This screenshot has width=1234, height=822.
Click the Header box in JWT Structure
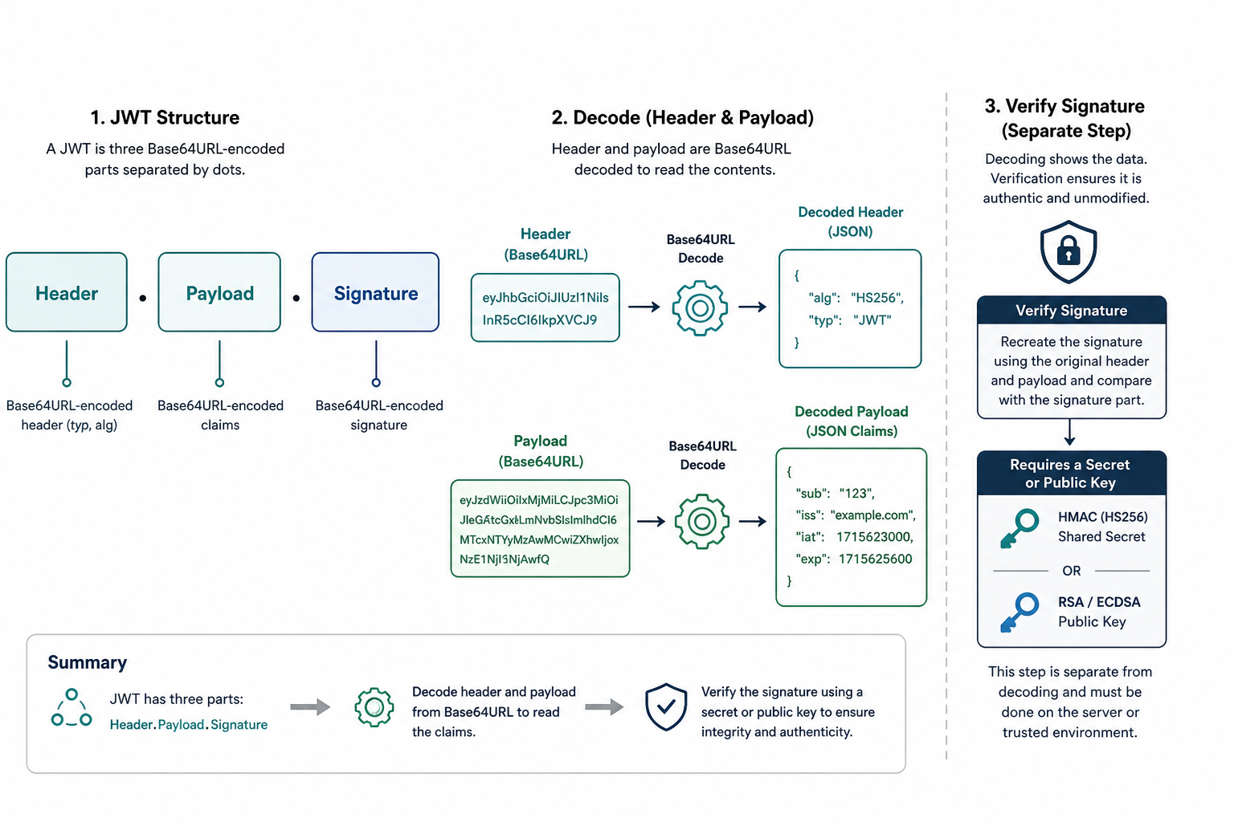pyautogui.click(x=67, y=292)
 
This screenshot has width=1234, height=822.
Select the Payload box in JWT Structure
pyautogui.click(x=219, y=292)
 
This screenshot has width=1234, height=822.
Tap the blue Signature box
pyautogui.click(x=375, y=292)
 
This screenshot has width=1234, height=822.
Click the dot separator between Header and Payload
pyautogui.click(x=143, y=299)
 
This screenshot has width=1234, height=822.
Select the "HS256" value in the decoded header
pyautogui.click(x=877, y=298)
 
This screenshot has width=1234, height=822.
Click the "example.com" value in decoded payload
pyautogui.click(x=872, y=515)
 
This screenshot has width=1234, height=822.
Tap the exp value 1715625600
pyautogui.click(x=876, y=559)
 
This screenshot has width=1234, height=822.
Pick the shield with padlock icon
pyautogui.click(x=1069, y=251)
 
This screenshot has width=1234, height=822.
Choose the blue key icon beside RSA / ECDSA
pyautogui.click(x=1019, y=612)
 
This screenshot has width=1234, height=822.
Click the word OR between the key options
pyautogui.click(x=1072, y=571)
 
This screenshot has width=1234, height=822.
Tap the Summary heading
pyautogui.click(x=87, y=662)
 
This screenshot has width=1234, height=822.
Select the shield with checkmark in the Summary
pyautogui.click(x=666, y=707)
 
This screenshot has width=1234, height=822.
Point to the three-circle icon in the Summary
pyautogui.click(x=71, y=709)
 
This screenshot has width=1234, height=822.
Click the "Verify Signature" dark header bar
pyautogui.click(x=1072, y=310)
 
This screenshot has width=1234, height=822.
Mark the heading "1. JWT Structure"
pyautogui.click(x=165, y=117)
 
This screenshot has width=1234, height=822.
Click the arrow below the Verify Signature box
pyautogui.click(x=1069, y=432)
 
